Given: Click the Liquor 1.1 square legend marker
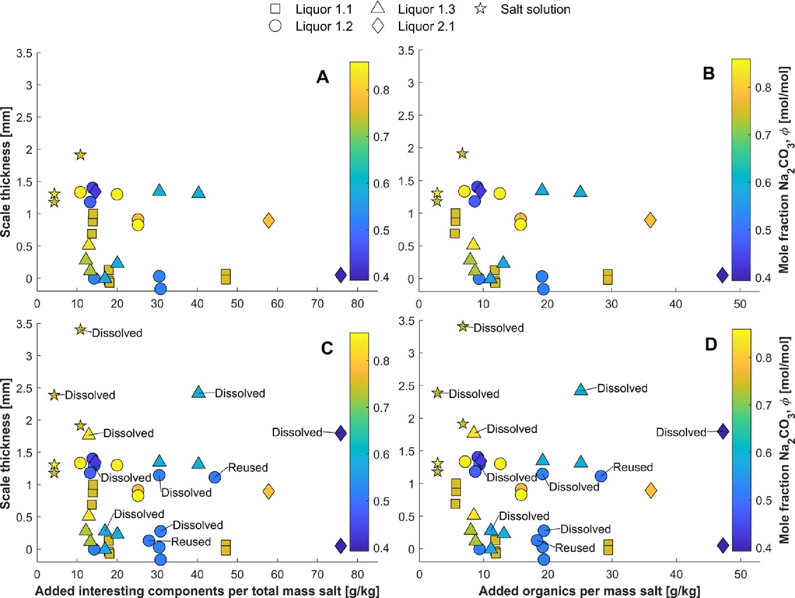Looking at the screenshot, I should coord(275,9).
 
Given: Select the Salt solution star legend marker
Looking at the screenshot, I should coord(481,8).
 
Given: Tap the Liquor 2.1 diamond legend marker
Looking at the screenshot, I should coord(378,26).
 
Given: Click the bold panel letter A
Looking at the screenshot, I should coord(322,77).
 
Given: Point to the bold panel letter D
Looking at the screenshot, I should coord(710,345).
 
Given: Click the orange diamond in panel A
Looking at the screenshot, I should coord(269,220).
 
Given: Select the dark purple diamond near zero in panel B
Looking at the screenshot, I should coord(722,274).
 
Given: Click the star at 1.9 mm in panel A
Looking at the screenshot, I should coord(81,155).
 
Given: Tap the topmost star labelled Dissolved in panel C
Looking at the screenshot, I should coord(81,330).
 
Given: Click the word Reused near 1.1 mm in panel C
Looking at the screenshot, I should coord(248,468).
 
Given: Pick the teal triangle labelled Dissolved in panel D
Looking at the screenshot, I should coord(581,389).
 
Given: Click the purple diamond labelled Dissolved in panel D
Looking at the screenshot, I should coord(723,431).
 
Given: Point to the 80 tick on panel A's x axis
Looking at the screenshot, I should coord(357,304).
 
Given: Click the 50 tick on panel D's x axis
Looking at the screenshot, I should coord(740,574).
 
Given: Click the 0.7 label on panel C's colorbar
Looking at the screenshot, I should coord(381,408).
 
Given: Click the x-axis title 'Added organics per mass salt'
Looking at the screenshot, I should coord(589,591).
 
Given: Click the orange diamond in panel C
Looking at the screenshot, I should coord(269,491).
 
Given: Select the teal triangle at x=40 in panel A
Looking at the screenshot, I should coord(198,192).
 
